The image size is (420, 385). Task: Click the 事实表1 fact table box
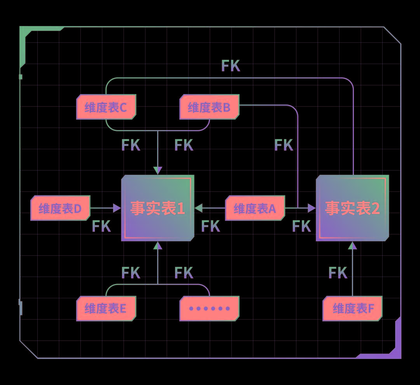pyautogui.click(x=157, y=208)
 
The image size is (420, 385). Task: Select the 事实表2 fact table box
pyautogui.click(x=352, y=208)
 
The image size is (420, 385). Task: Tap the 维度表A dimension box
pyautogui.click(x=255, y=208)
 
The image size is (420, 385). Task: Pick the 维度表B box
pyautogui.click(x=209, y=107)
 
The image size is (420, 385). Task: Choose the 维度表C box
pyautogui.click(x=106, y=107)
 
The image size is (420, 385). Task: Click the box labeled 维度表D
pyautogui.click(x=60, y=208)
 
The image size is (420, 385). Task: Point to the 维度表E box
pyautogui.click(x=106, y=308)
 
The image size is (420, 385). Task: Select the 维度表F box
pyautogui.click(x=353, y=308)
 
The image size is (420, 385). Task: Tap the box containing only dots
pyautogui.click(x=209, y=308)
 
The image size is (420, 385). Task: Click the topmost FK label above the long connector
pyautogui.click(x=231, y=66)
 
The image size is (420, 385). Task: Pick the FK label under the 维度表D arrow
pyautogui.click(x=101, y=226)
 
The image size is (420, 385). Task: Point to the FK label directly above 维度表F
pyautogui.click(x=338, y=273)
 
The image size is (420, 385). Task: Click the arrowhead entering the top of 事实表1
pyautogui.click(x=157, y=171)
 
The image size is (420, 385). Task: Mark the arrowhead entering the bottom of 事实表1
pyautogui.click(x=157, y=245)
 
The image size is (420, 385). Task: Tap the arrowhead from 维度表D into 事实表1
pyautogui.click(x=117, y=208)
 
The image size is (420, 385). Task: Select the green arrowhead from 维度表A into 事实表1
pyautogui.click(x=198, y=208)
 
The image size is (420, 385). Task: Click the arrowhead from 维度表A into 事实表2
pyautogui.click(x=311, y=208)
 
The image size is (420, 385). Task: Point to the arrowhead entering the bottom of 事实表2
pyautogui.click(x=352, y=245)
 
